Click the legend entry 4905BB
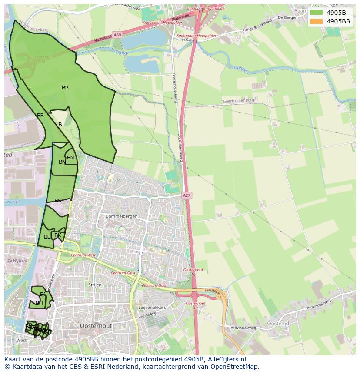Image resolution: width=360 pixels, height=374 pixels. [x=338, y=21]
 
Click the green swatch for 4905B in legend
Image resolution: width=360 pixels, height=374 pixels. [x=317, y=13]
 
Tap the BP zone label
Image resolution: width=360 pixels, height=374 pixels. [x=65, y=88]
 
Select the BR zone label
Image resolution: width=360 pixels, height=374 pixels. [x=40, y=116]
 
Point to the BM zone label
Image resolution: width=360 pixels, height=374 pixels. [x=71, y=158]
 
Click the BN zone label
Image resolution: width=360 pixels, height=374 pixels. [x=62, y=162]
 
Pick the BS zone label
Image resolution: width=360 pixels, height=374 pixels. [x=58, y=201]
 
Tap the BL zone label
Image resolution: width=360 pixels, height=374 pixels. [x=47, y=237]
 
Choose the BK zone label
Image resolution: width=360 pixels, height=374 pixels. [x=58, y=235]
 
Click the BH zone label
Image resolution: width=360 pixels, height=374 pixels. [x=39, y=303]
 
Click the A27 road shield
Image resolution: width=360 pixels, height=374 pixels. [x=187, y=196]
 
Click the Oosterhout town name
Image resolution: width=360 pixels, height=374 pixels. [x=96, y=325]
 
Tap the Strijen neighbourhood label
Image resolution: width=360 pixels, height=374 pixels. [x=95, y=285]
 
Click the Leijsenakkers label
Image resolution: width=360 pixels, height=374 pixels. [x=152, y=307]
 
